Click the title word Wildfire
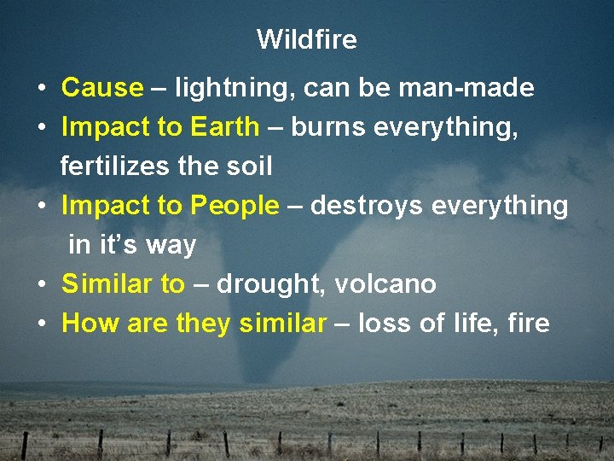[306, 39]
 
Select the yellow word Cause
[102, 88]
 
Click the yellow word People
[235, 206]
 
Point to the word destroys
[368, 206]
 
